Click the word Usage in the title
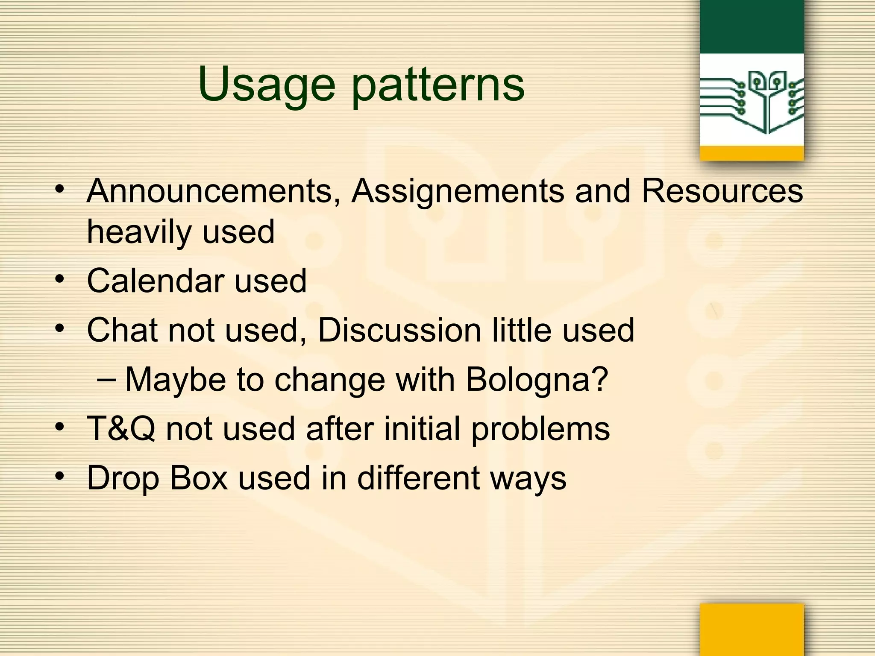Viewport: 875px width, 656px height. pyautogui.click(x=267, y=85)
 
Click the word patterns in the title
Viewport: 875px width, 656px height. pyautogui.click(x=437, y=85)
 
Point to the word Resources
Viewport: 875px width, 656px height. pyautogui.click(x=722, y=191)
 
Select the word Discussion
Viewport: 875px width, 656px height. pyautogui.click(x=399, y=330)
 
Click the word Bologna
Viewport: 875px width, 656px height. pyautogui.click(x=536, y=380)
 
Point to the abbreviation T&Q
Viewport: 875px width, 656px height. pyautogui.click(x=121, y=429)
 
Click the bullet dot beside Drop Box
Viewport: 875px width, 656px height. pyautogui.click(x=60, y=475)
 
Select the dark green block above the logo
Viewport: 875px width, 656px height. pyautogui.click(x=752, y=26)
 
